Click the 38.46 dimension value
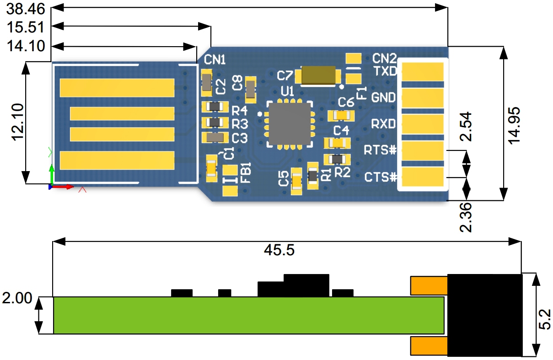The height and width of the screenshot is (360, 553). tap(26, 9)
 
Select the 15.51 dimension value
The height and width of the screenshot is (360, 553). tap(26, 27)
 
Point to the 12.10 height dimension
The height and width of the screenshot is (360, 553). tap(18, 122)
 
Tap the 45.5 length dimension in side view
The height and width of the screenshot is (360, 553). tap(279, 250)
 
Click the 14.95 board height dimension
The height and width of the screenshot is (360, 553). tap(514, 125)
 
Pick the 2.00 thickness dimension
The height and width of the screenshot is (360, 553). tap(17, 298)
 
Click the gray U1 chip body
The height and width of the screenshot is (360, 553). tap(290, 124)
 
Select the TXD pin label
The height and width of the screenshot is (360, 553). tap(385, 71)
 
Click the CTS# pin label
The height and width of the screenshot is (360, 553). tap(381, 177)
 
